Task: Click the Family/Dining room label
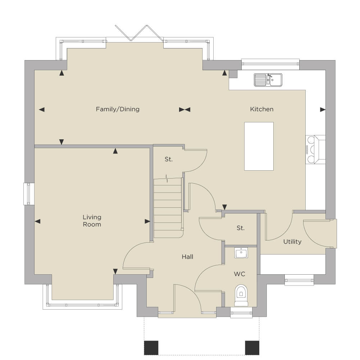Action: coord(118,109)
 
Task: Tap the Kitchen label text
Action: coord(262,109)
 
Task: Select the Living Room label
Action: coord(92,221)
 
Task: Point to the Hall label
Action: coord(187,257)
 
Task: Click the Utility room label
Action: coord(292,242)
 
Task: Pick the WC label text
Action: coord(240,274)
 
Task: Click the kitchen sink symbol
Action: coord(268,80)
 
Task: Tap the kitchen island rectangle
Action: coord(259,146)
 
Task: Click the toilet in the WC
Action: coord(241,295)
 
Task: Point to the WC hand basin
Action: coord(241,253)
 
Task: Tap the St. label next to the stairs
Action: coord(169,159)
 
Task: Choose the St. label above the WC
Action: coord(240,228)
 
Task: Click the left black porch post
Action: coord(151,348)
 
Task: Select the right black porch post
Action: coord(252,348)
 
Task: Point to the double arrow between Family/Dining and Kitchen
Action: coord(184,110)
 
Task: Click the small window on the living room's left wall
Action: coord(29,194)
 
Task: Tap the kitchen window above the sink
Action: coord(270,64)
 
